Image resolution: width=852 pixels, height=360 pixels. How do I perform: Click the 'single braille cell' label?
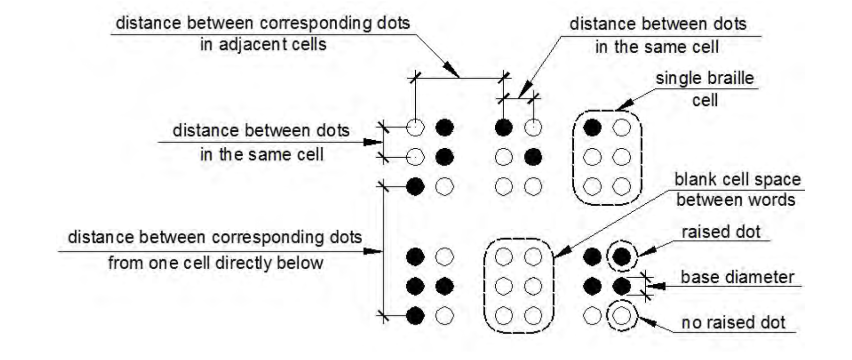tap(704, 89)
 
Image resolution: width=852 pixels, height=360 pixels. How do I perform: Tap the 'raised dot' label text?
tap(721, 232)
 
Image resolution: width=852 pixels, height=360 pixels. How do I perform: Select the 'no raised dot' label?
tap(733, 323)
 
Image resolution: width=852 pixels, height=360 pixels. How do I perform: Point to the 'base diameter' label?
tap(737, 277)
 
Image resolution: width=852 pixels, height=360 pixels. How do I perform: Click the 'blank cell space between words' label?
tap(736, 189)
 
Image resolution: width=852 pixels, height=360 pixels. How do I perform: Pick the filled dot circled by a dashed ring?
tap(621, 257)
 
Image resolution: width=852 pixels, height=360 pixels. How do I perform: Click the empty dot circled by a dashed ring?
tap(621, 316)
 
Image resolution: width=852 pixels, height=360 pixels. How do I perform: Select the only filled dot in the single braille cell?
tap(592, 127)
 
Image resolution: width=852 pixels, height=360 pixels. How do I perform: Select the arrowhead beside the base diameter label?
tap(657, 286)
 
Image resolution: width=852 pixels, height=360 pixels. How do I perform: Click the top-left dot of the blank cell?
tap(503, 257)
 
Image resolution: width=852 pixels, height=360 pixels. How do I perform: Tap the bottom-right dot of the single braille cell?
tap(621, 187)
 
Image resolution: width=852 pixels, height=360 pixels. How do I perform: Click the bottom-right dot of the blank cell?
tap(533, 316)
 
